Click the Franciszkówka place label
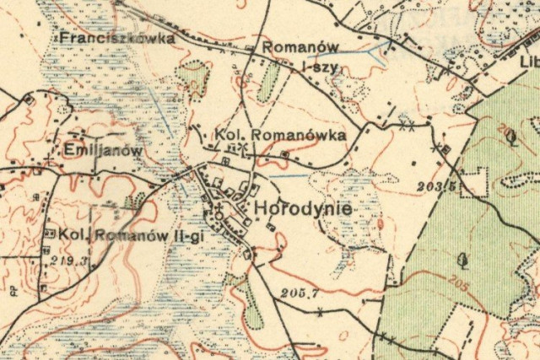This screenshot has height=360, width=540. coord(116,38)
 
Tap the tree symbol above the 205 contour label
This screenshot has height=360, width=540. coord(461,259)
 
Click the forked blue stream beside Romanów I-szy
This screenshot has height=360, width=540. coord(371,51)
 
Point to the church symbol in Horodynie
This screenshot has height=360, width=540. coord(219,205)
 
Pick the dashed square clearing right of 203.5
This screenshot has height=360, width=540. coord(478,182)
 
